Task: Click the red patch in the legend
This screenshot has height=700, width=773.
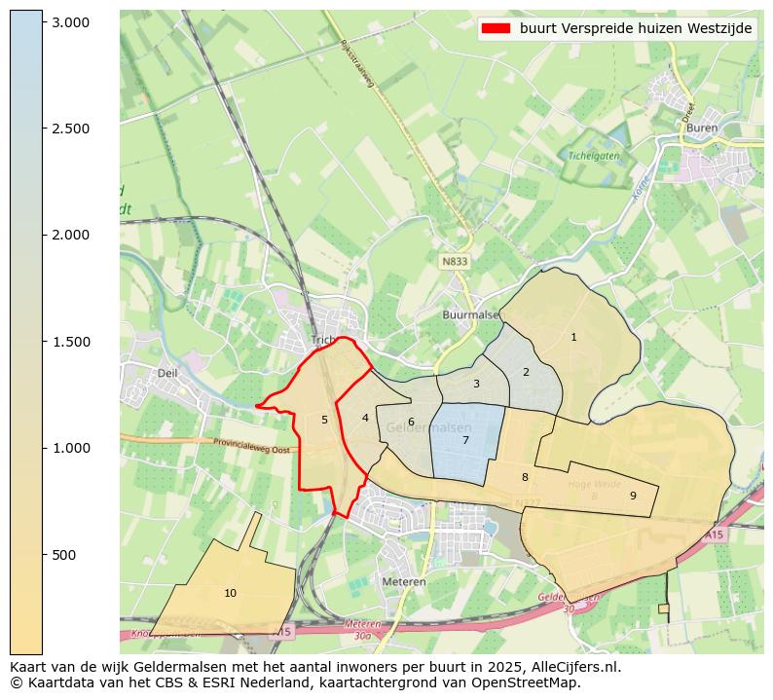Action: pyautogui.click(x=496, y=28)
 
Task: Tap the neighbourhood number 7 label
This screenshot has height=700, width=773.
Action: pyautogui.click(x=465, y=441)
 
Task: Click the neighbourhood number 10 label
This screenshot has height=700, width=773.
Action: pyautogui.click(x=230, y=593)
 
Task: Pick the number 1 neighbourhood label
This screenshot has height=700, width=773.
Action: pyautogui.click(x=573, y=337)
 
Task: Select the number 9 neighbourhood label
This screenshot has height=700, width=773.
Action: pyautogui.click(x=633, y=496)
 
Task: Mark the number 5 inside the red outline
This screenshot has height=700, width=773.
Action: pyautogui.click(x=324, y=421)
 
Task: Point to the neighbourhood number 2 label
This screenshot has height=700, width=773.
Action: pyautogui.click(x=526, y=372)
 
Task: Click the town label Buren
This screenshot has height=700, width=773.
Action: pyautogui.click(x=701, y=128)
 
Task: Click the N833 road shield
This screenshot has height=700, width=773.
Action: pyautogui.click(x=454, y=262)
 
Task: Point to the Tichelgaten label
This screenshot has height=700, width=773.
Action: pyautogui.click(x=594, y=155)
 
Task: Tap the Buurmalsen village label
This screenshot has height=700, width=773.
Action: pyautogui.click(x=470, y=315)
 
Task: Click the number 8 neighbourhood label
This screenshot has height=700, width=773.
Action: pyautogui.click(x=525, y=477)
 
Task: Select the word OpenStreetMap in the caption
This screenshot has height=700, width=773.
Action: pyautogui.click(x=530, y=682)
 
